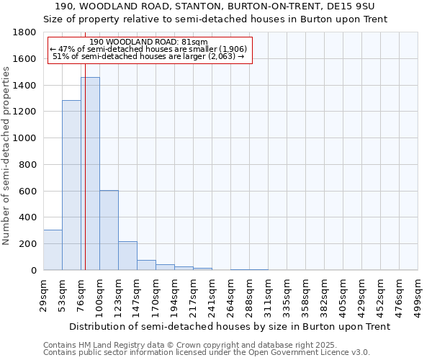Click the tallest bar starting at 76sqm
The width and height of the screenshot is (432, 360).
point(91,173)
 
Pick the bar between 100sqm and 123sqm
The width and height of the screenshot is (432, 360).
point(109,230)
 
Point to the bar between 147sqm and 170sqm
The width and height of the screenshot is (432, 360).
point(146,265)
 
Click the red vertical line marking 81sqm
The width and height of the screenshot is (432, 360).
point(85,180)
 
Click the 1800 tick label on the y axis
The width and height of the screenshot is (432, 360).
point(25,32)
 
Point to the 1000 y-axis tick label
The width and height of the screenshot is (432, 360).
point(25,138)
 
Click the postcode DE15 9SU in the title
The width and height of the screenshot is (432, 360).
point(353,6)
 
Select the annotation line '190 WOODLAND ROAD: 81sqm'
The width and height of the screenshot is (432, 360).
point(149,42)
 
